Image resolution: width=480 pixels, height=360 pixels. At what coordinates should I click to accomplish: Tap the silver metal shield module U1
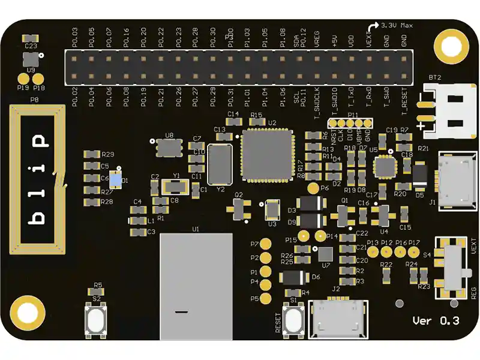[196, 286]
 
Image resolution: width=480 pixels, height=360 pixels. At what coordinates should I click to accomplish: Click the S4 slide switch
[455, 266]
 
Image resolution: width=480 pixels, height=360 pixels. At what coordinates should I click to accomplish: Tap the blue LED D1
[116, 180]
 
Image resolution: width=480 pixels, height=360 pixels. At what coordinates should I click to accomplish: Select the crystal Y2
[220, 164]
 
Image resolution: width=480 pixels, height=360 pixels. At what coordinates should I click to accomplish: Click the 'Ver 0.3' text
[436, 321]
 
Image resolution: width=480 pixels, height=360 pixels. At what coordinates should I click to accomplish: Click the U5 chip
[384, 166]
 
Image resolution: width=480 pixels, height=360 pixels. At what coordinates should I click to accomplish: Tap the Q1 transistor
[344, 214]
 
